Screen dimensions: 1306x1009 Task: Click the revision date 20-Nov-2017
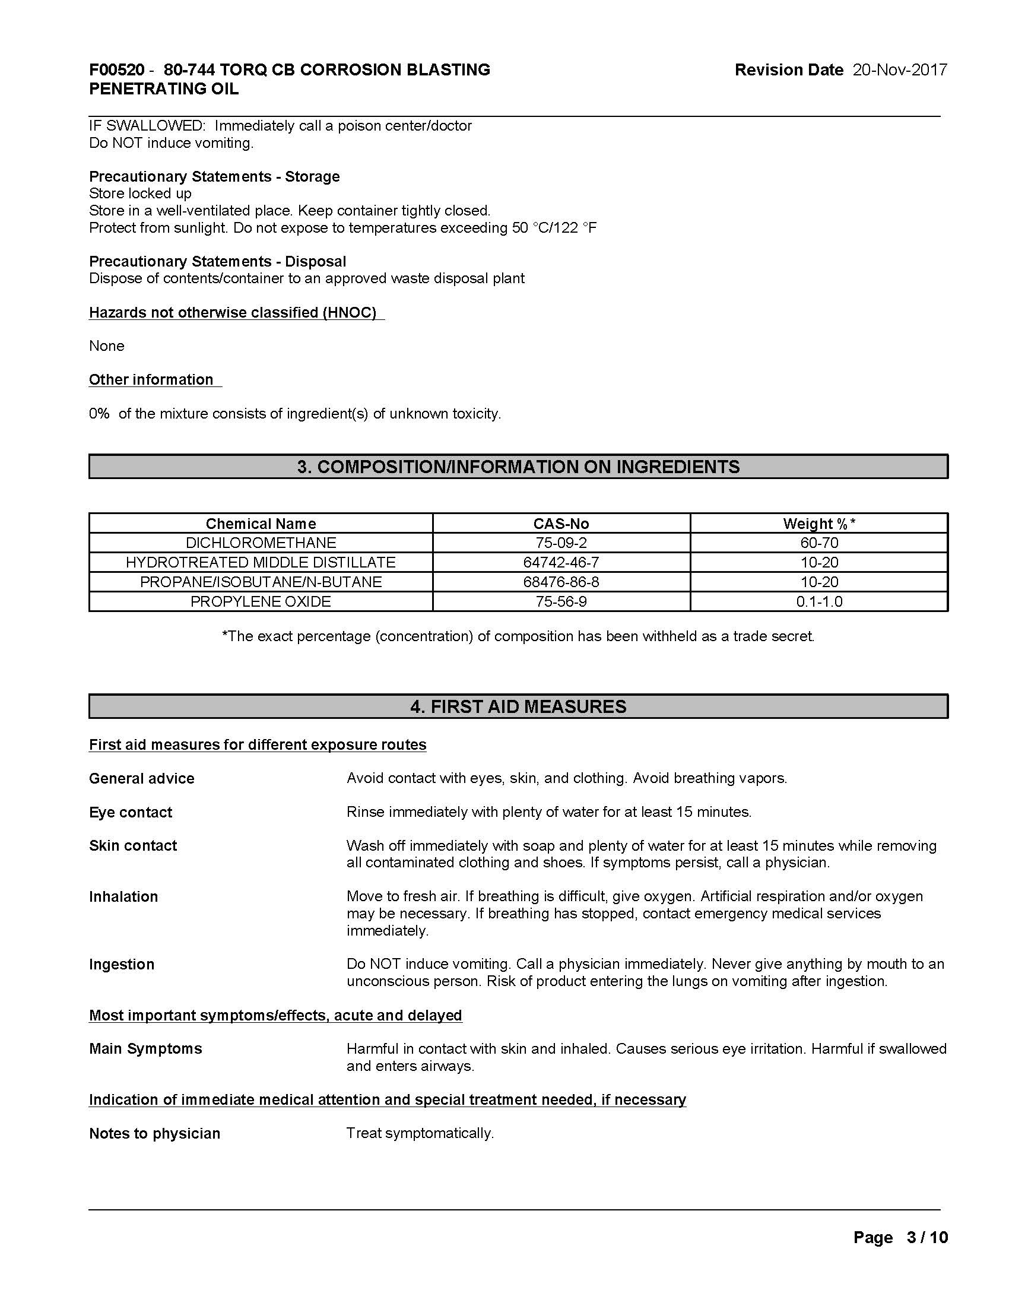tap(900, 70)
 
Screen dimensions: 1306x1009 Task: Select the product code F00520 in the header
tap(116, 70)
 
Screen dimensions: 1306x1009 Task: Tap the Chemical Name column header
tap(261, 524)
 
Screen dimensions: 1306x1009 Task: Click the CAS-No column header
tap(561, 524)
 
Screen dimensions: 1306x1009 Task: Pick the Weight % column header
tap(819, 524)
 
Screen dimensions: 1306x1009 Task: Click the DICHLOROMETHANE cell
tap(261, 543)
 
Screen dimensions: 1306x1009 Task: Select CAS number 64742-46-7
tap(561, 563)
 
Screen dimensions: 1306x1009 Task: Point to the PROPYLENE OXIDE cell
tap(261, 601)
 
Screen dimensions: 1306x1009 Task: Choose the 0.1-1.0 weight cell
tap(819, 601)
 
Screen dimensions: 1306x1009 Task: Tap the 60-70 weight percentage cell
tap(819, 543)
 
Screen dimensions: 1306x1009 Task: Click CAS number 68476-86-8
tap(561, 582)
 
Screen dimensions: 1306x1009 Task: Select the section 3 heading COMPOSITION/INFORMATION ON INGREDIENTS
tap(518, 467)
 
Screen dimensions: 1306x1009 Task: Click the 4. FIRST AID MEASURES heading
tap(518, 706)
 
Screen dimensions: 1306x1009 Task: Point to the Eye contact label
tap(131, 812)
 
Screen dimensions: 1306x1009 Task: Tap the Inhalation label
tap(123, 896)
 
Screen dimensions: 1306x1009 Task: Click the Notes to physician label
tap(154, 1133)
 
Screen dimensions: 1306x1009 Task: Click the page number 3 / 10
tap(926, 1237)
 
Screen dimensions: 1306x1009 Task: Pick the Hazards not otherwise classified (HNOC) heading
tap(233, 312)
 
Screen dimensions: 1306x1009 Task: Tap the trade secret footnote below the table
tap(518, 636)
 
